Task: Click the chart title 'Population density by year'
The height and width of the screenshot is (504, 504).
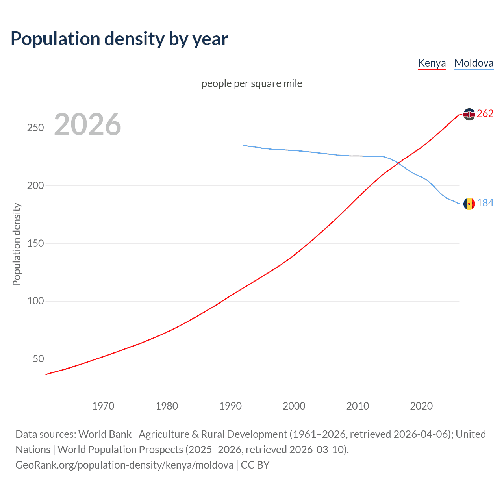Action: click(119, 39)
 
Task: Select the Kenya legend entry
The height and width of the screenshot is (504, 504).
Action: click(432, 63)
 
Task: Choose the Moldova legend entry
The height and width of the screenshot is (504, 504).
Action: click(474, 63)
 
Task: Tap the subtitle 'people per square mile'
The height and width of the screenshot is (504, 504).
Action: click(252, 83)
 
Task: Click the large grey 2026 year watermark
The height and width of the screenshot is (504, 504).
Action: click(87, 124)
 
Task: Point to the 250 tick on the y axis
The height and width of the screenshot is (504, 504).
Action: click(35, 128)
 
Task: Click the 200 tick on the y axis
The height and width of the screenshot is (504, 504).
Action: click(35, 185)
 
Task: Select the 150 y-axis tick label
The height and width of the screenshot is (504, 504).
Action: click(35, 243)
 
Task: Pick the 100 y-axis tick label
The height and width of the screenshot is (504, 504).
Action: click(35, 301)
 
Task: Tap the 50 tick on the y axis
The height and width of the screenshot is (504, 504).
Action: click(38, 359)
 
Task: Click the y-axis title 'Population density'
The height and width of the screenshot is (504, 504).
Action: click(17, 244)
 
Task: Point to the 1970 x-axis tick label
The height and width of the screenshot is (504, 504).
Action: click(103, 406)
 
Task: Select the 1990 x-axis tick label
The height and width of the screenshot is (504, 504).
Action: click(230, 406)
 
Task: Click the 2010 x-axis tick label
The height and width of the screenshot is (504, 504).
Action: click(358, 406)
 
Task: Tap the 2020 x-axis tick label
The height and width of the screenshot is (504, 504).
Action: click(421, 406)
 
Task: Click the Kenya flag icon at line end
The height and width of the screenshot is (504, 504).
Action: click(469, 114)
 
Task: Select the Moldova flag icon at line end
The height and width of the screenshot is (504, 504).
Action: click(469, 204)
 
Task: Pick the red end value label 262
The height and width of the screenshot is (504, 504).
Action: click(485, 114)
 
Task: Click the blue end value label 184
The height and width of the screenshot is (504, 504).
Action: click(485, 203)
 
